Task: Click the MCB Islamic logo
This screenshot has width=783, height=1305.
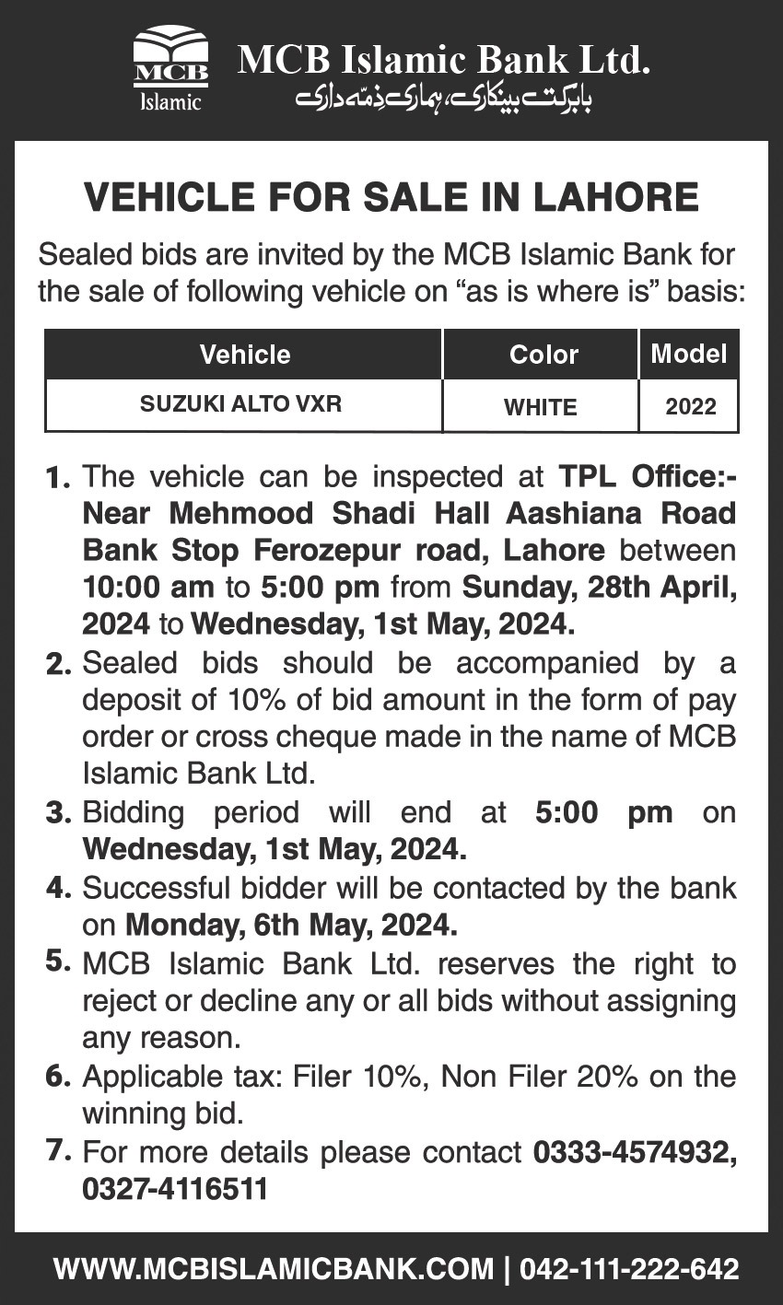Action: pyautogui.click(x=170, y=69)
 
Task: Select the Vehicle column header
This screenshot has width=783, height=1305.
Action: pyautogui.click(x=244, y=355)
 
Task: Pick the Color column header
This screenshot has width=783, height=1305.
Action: pyautogui.click(x=543, y=355)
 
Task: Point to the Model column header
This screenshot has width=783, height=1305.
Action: pyautogui.click(x=688, y=354)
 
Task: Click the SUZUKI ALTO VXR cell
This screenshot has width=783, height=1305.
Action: pyautogui.click(x=240, y=404)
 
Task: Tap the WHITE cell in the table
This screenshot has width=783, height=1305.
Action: pyautogui.click(x=541, y=406)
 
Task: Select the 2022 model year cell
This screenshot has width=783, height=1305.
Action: pyautogui.click(x=690, y=406)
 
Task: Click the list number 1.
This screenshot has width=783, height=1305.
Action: pyautogui.click(x=57, y=479)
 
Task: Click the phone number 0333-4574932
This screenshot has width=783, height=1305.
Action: pyautogui.click(x=635, y=1151)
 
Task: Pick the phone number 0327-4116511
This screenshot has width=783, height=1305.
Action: pyautogui.click(x=175, y=1189)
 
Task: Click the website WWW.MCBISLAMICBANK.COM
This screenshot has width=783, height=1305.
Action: pyautogui.click(x=274, y=1269)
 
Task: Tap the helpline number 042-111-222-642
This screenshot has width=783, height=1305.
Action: pyautogui.click(x=629, y=1269)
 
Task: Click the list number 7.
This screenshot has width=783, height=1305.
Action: pyautogui.click(x=58, y=1151)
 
